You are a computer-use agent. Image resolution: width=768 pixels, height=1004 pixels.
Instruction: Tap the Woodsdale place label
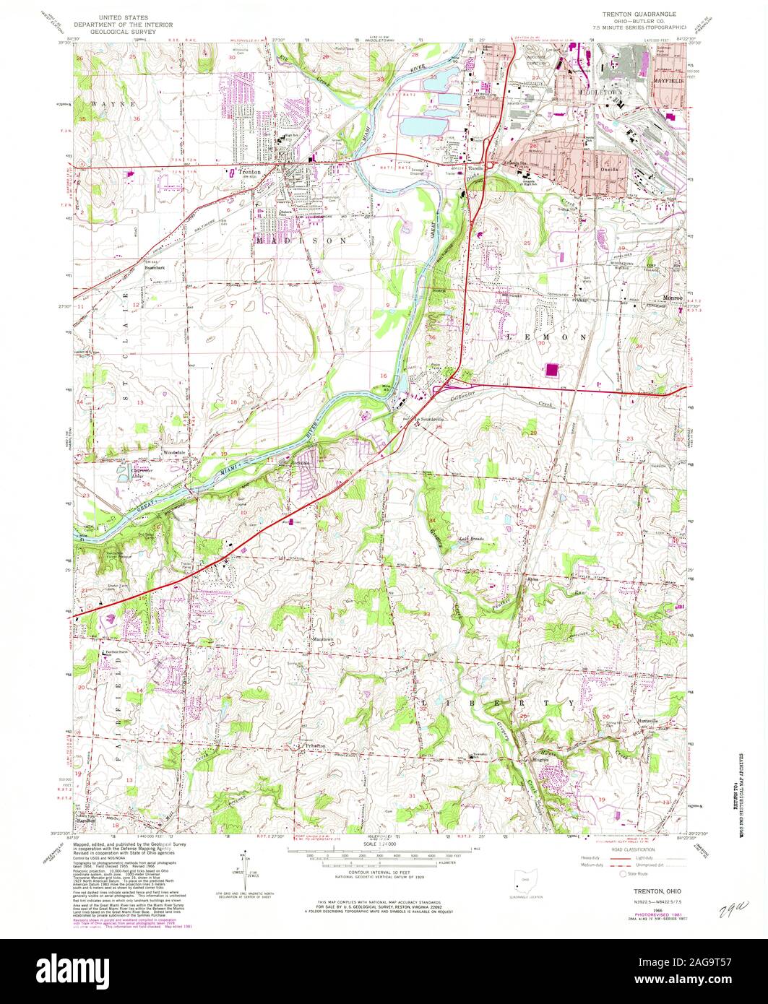point(174,453)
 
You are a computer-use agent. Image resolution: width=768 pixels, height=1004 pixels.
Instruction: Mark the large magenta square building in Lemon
point(553,371)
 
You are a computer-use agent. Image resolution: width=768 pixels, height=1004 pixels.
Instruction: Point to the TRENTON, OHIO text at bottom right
point(636,892)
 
